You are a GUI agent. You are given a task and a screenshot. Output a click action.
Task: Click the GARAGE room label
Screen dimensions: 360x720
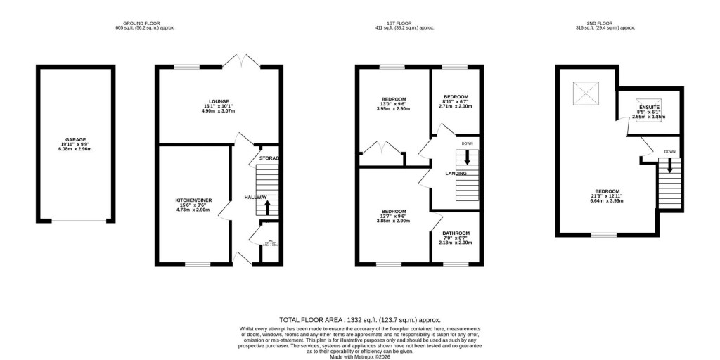75,139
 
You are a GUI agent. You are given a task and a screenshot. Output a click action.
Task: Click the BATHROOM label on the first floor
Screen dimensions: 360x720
456,233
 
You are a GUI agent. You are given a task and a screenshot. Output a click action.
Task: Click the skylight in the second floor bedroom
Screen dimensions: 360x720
584,92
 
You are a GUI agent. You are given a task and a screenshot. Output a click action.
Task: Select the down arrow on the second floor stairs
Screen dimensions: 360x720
670,166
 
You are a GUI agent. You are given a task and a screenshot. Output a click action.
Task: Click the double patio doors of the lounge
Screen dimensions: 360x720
243,60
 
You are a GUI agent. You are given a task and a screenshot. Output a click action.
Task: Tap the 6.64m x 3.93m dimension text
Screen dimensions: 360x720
607,201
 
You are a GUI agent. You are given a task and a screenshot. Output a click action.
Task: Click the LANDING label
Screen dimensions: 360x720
456,173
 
